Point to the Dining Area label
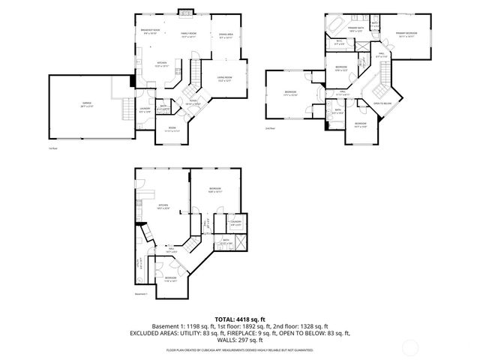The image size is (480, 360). tap(225, 34)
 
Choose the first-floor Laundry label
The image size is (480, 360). tap(145, 112)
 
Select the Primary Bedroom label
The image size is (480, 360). tap(406, 34)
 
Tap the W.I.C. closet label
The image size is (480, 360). tap(339, 42)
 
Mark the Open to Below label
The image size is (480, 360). tap(382, 103)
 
